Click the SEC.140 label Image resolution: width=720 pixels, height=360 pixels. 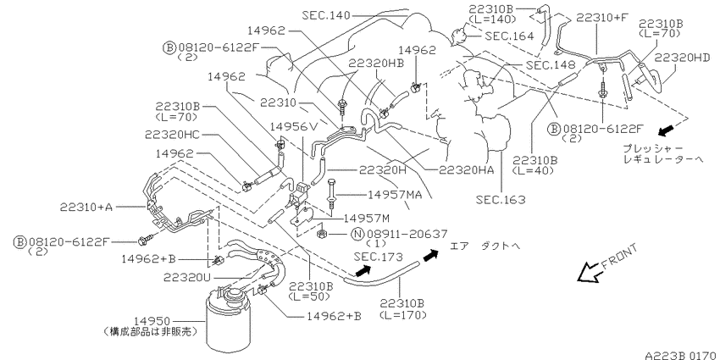tap(326, 15)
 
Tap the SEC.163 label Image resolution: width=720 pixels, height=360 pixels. tap(501, 200)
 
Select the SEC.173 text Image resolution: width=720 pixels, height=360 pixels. tap(378, 257)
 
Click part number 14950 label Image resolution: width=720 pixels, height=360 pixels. tap(152, 321)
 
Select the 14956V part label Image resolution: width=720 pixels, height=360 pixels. tap(293, 126)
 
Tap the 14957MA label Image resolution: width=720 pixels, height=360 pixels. tap(395, 195)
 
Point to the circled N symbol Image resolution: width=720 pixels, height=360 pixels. tap(357, 234)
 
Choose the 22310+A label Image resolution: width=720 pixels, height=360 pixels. tap(86, 207)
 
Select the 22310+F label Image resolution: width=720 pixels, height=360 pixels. tap(602, 18)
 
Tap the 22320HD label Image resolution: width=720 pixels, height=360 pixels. tap(683, 58)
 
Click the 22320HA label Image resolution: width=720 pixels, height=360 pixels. tap(467, 170)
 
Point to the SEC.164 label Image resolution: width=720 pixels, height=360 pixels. tap(509, 36)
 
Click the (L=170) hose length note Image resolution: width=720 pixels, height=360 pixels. tap(403, 315)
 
